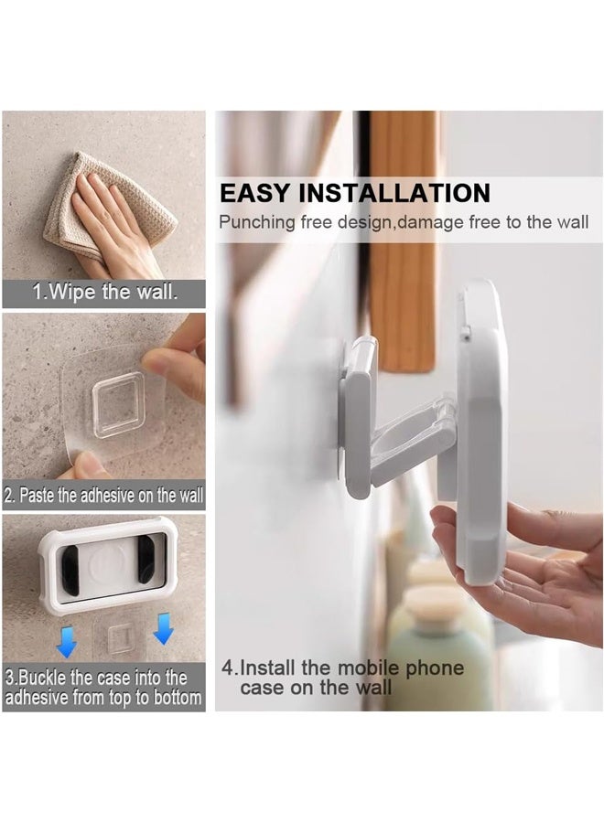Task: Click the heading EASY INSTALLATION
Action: tap(355, 193)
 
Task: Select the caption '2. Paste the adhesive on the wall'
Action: tap(103, 496)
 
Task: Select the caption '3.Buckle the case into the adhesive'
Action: tap(103, 688)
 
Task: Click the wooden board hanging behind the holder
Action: tap(403, 238)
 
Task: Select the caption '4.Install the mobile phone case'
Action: tap(342, 678)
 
